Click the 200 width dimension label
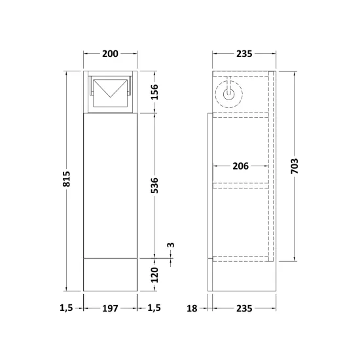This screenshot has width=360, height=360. [x=110, y=54]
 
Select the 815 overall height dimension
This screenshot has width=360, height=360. [x=66, y=179]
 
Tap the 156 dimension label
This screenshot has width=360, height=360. [x=154, y=92]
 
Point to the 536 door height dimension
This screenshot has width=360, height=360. [x=154, y=185]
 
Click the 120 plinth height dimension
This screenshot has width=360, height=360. [x=154, y=275]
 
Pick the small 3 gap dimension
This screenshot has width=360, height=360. [x=171, y=245]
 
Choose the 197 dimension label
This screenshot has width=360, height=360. [x=110, y=308]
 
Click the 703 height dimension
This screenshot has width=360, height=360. [x=295, y=166]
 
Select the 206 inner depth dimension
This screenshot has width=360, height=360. [x=241, y=166]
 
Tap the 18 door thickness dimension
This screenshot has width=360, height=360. [x=192, y=308]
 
